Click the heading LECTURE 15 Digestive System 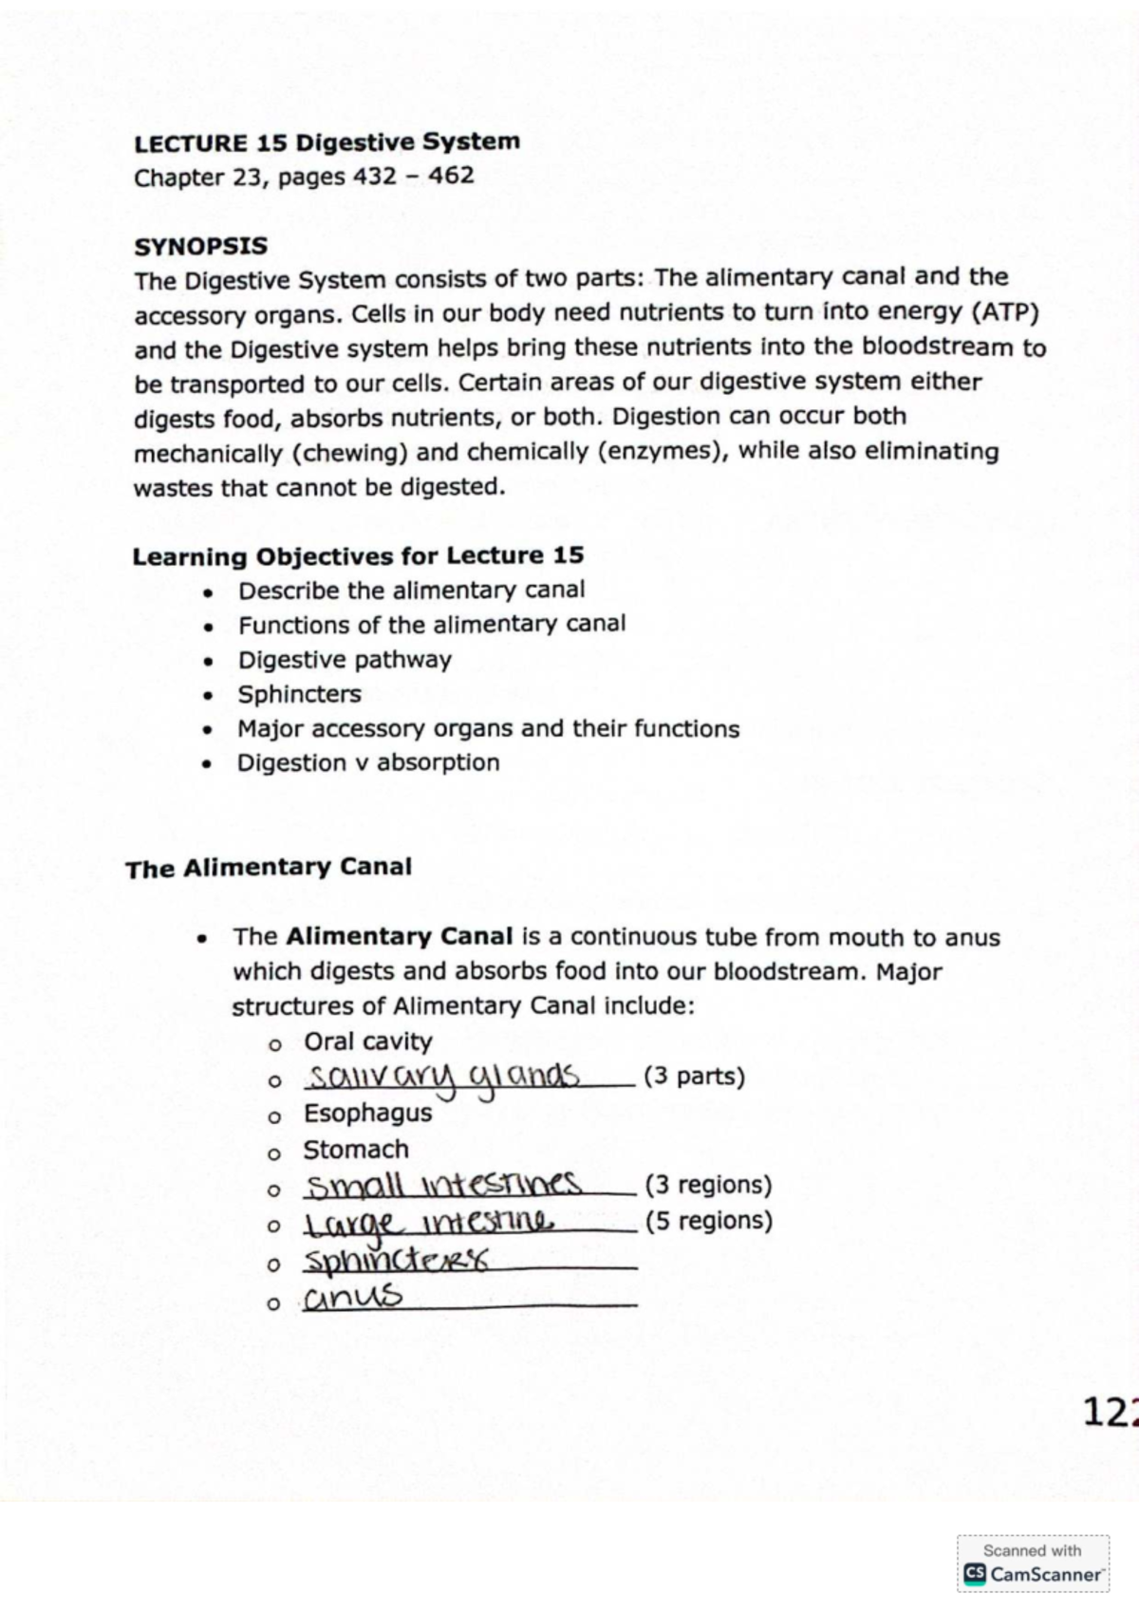(327, 143)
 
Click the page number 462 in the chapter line (451, 177)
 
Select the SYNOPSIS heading (200, 247)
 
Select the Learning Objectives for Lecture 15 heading (358, 556)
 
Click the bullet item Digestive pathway (345, 660)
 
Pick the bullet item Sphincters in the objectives (299, 694)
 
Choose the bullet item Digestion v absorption (368, 763)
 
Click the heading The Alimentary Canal (269, 868)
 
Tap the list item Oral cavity (367, 1041)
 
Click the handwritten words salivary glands (442, 1078)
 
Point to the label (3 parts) (694, 1077)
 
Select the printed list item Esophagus (367, 1113)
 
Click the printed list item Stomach (356, 1150)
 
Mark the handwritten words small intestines (443, 1185)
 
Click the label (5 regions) (708, 1220)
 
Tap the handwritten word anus (353, 1297)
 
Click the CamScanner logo (1034, 1573)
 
